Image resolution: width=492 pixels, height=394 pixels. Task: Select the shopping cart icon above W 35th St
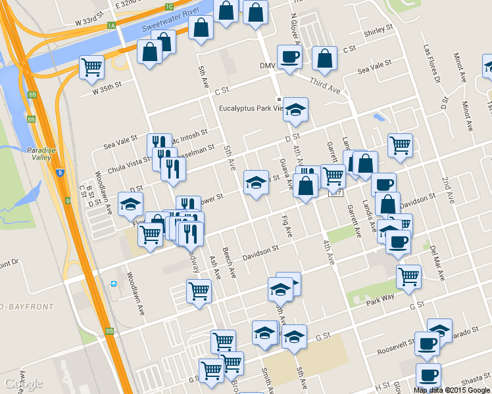tap(92, 67)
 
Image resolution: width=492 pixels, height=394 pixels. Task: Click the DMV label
tap(267, 65)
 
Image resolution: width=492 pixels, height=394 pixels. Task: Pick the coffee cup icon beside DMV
tap(289, 56)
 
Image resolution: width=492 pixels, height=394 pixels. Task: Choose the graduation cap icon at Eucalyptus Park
tap(295, 109)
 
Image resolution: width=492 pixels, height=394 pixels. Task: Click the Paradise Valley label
tap(40, 153)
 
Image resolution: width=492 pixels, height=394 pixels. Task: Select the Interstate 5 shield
tap(60, 173)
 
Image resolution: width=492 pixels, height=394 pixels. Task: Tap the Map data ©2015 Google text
tap(451, 390)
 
